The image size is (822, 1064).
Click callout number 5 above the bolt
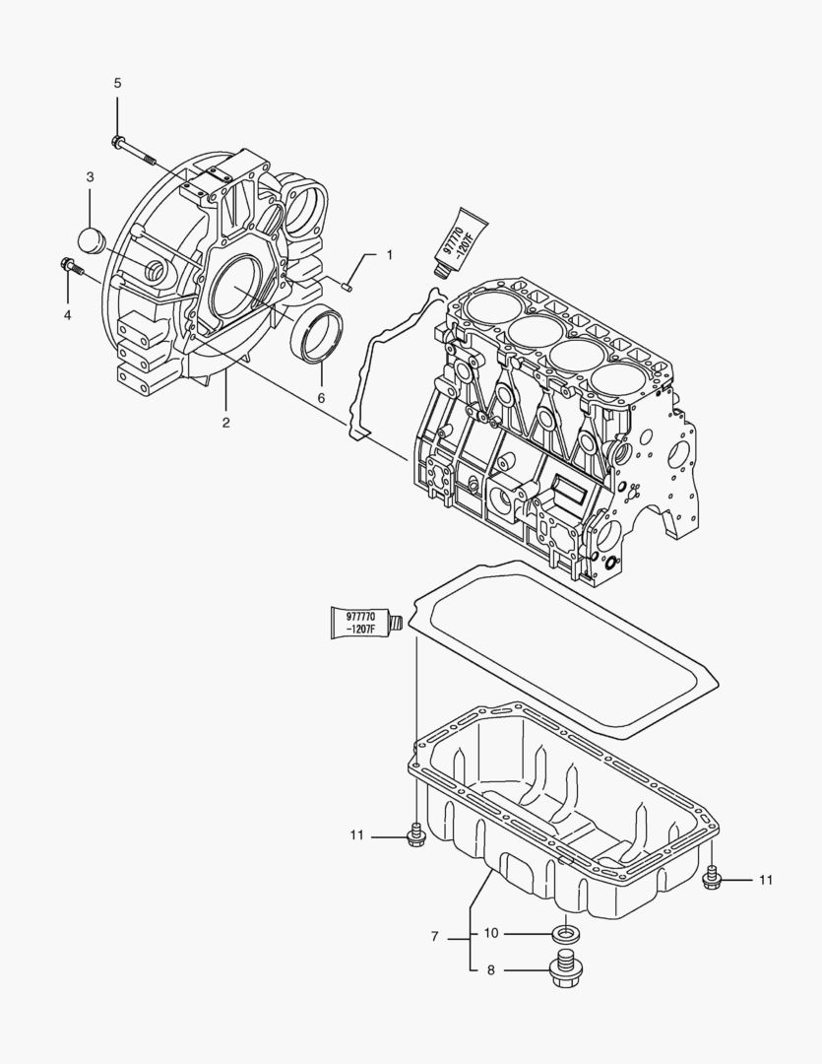[x=117, y=83]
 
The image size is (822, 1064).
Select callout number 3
[x=90, y=177]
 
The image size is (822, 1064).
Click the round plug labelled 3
[x=91, y=238]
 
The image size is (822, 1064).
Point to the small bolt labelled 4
[x=72, y=265]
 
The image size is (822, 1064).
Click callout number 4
[x=67, y=315]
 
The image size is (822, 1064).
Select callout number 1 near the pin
[x=389, y=255]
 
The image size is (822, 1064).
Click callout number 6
[x=320, y=398]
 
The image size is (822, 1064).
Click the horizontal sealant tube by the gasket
[x=365, y=622]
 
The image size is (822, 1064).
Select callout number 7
[x=434, y=936]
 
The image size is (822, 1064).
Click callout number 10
[x=491, y=933]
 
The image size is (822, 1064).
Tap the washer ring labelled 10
[x=565, y=932]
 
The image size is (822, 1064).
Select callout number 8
[x=491, y=970]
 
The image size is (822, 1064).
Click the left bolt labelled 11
[x=414, y=836]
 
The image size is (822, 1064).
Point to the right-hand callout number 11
[x=765, y=880]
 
